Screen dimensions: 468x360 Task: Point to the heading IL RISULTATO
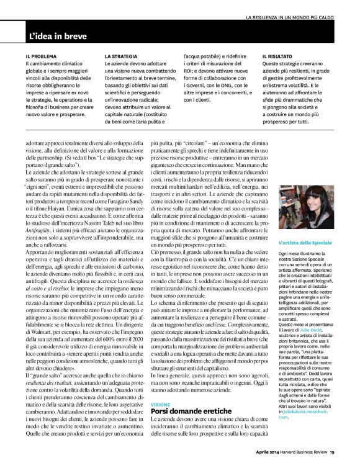click(x=279, y=56)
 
